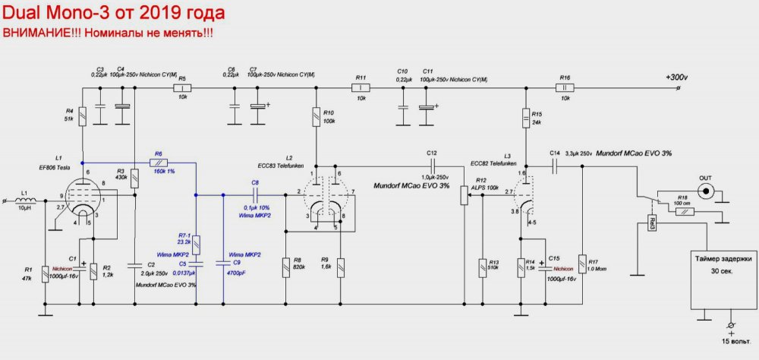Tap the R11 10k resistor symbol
coord(361,88)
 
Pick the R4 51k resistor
coord(82,116)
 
